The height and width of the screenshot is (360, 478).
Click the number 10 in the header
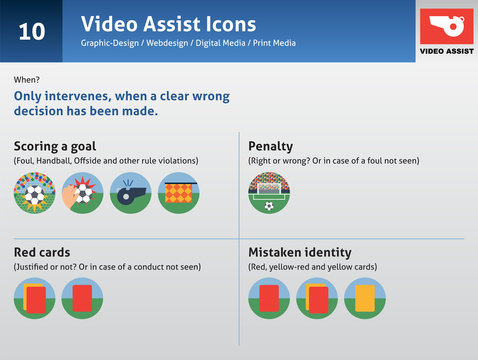[31, 31]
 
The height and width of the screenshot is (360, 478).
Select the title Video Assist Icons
[168, 23]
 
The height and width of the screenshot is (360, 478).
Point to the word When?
[27, 79]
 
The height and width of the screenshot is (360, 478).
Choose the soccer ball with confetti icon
[34, 193]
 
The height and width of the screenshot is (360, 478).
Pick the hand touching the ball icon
[82, 193]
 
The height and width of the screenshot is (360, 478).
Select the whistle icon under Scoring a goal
[130, 193]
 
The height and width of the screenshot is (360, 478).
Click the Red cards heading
[42, 252]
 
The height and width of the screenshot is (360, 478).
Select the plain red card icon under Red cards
[34, 298]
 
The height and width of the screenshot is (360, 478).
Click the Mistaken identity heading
[298, 252]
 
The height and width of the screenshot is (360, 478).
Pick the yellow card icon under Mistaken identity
[364, 298]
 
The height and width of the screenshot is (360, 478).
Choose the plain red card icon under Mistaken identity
[269, 298]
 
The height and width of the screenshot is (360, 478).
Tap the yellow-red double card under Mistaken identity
[317, 298]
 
